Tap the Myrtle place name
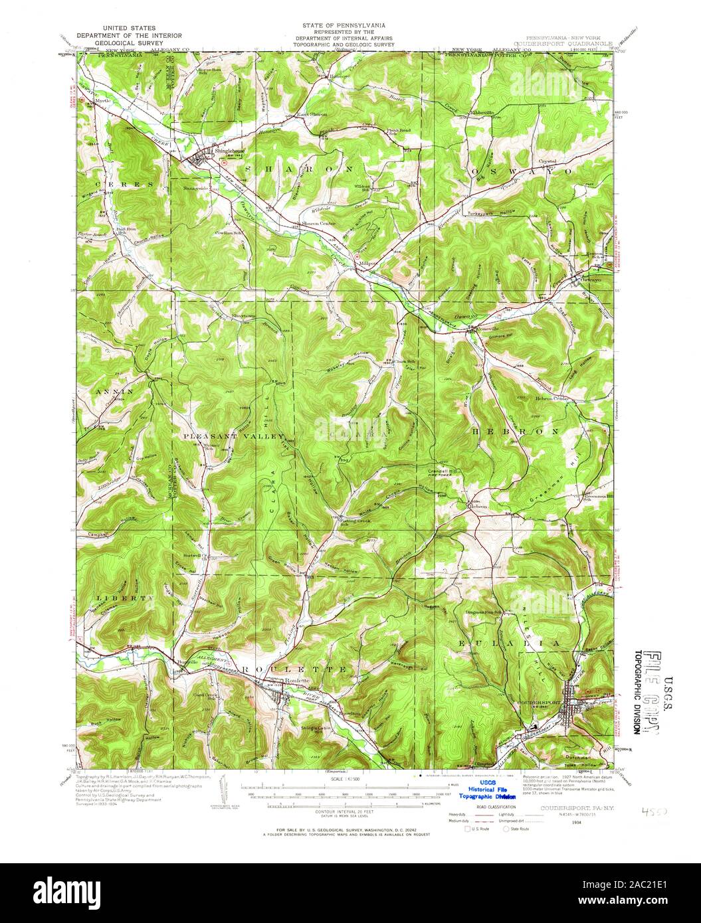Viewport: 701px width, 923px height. (102, 100)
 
